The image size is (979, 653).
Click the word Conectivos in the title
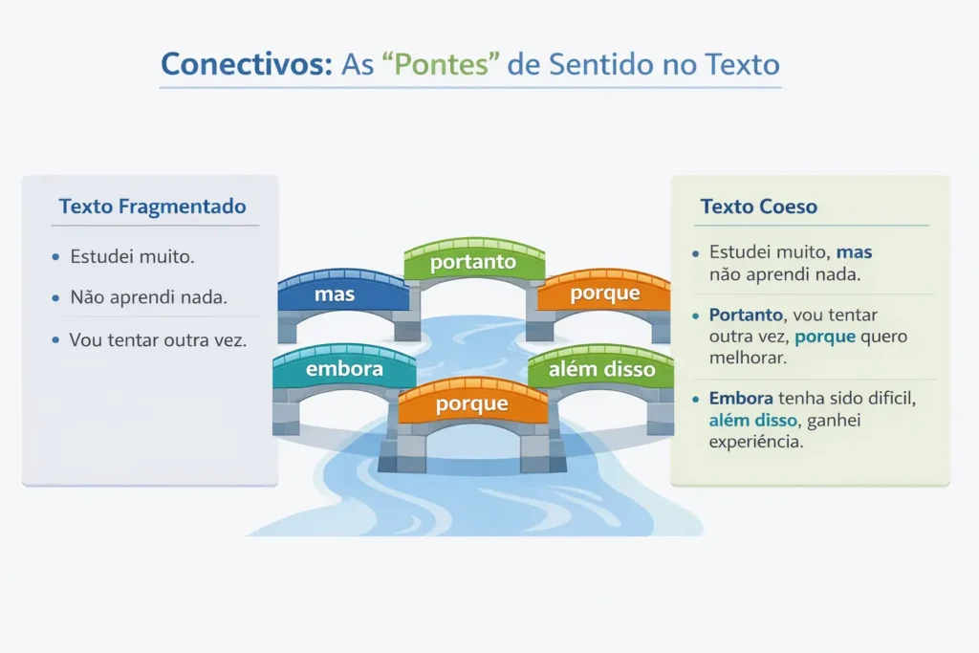(247, 64)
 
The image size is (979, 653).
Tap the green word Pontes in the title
(442, 64)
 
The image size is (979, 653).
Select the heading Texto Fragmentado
(152, 206)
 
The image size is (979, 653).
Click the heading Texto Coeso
(758, 206)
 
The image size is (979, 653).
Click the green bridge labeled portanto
(474, 262)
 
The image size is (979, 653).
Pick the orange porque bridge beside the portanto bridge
(604, 303)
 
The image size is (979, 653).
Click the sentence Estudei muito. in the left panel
(132, 256)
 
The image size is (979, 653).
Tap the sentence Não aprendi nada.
(148, 297)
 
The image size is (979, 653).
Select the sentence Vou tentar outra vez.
(158, 340)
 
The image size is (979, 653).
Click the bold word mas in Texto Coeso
(854, 252)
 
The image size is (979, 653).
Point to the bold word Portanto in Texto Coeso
(746, 315)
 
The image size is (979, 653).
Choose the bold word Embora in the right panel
(741, 399)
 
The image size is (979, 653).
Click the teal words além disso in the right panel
(753, 420)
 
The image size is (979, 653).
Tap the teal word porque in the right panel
(825, 337)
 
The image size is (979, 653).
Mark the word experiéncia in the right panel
(756, 442)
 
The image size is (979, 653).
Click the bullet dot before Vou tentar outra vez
(55, 340)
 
